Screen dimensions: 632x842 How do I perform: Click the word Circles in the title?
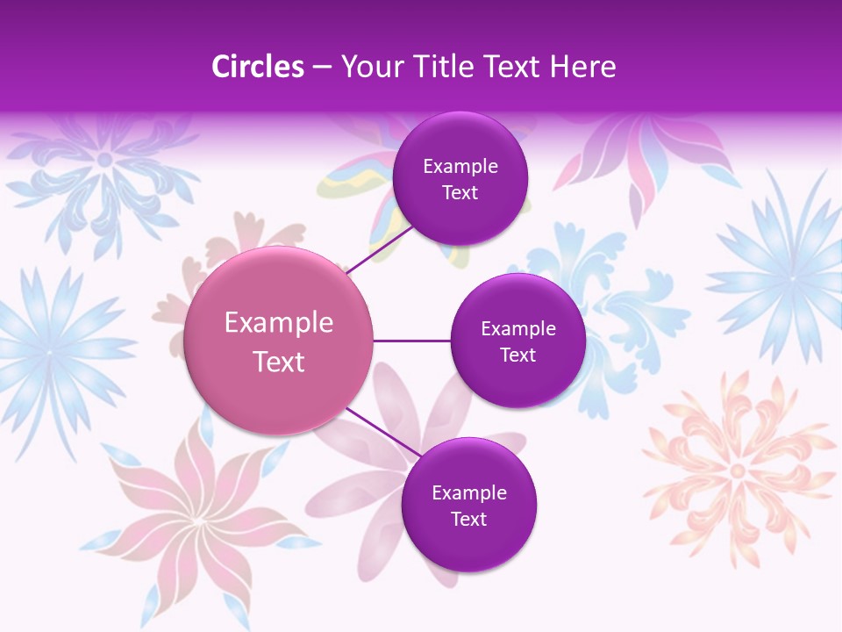point(258,67)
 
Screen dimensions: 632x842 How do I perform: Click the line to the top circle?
point(380,250)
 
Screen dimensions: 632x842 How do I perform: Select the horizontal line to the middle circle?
point(411,341)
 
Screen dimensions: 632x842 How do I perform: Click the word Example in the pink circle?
point(279,323)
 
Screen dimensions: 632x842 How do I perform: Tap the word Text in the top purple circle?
point(460,193)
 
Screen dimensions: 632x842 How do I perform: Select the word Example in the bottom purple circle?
point(469,493)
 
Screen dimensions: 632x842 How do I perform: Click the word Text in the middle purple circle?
point(517,355)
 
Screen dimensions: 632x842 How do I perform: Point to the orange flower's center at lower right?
point(737,471)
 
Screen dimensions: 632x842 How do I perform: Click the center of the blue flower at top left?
point(104,160)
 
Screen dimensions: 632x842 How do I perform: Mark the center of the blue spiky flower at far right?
point(792,277)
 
